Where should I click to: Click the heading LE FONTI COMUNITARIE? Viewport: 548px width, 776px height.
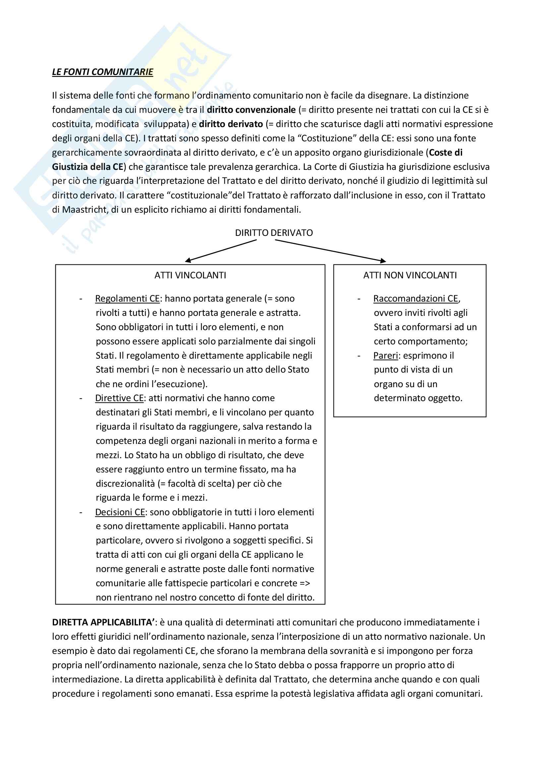tap(102, 72)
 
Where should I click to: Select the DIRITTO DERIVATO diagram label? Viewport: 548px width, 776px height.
tap(274, 233)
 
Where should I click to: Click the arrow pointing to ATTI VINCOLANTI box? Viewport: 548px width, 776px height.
tap(221, 251)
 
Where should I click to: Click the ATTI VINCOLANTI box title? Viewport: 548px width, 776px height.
tap(190, 275)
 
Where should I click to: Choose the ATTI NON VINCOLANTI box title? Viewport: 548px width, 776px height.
tap(410, 275)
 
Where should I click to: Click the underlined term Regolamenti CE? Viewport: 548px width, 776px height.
tap(127, 299)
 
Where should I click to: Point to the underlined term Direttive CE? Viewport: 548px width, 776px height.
tap(120, 398)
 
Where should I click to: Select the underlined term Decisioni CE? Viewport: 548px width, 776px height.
tap(120, 512)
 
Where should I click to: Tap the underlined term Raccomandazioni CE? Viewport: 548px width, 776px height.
tap(416, 299)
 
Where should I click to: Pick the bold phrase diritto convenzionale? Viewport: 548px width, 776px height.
tap(251, 110)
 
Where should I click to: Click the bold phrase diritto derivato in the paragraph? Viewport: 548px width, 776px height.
tap(231, 124)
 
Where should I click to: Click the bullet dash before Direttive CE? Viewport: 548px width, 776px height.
tap(81, 398)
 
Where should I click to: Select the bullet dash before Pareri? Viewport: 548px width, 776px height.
tap(359, 356)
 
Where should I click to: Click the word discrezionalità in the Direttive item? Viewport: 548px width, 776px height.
tap(125, 484)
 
